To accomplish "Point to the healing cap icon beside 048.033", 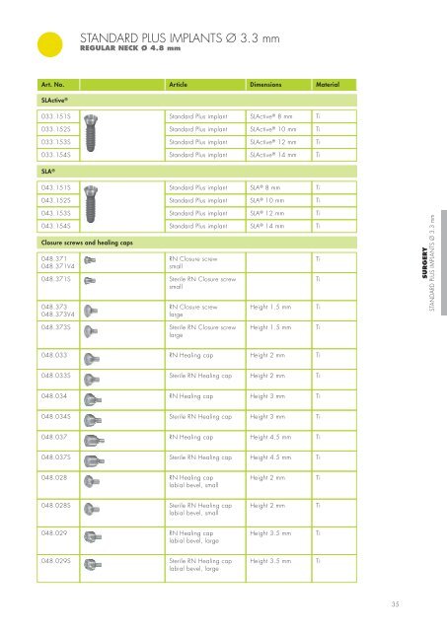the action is click(x=87, y=352).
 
